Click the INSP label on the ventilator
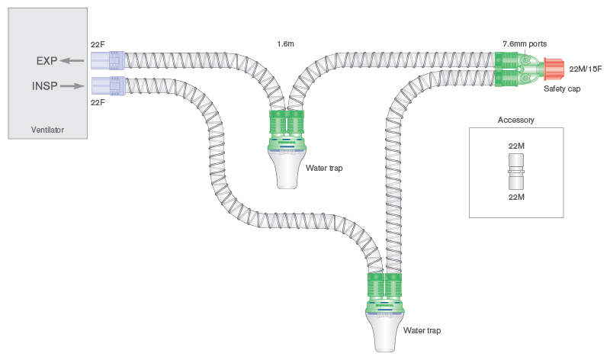pyautogui.click(x=43, y=85)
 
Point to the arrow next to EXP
pyautogui.click(x=73, y=61)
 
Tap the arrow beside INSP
pyautogui.click(x=72, y=85)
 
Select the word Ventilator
pyautogui.click(x=47, y=130)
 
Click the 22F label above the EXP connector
pyautogui.click(x=98, y=45)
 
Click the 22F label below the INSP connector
pyautogui.click(x=98, y=102)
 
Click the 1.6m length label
pyautogui.click(x=287, y=45)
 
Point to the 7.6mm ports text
pyautogui.click(x=525, y=44)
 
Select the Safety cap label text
pyautogui.click(x=562, y=89)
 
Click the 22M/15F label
pyautogui.click(x=586, y=69)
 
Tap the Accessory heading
pyautogui.click(x=516, y=120)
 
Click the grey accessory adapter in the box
pyautogui.click(x=516, y=171)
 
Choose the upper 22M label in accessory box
pyautogui.click(x=516, y=145)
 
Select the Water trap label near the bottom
pyautogui.click(x=422, y=330)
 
